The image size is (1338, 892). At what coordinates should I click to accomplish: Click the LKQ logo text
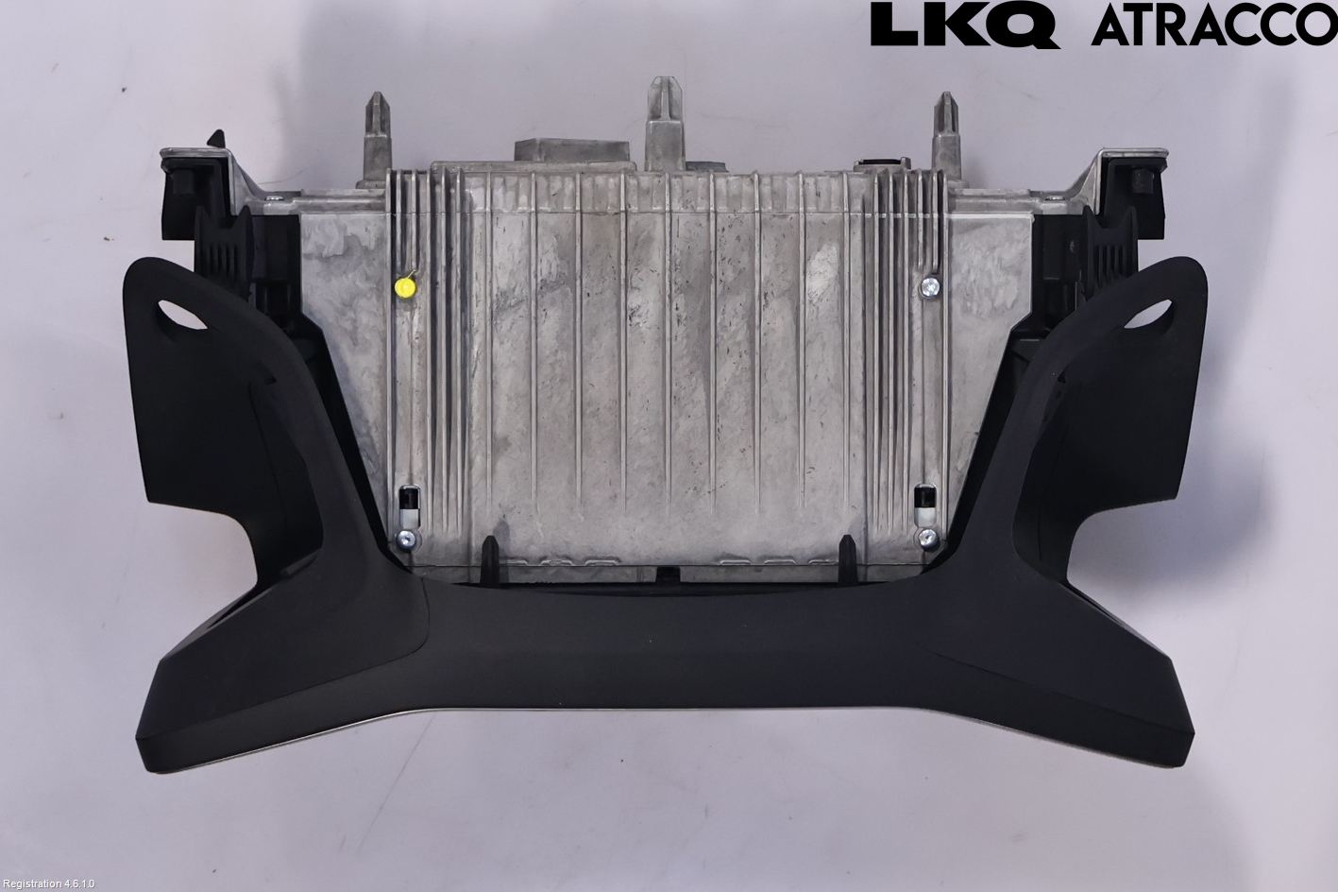(963, 26)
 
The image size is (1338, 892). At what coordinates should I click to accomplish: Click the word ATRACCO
(1213, 26)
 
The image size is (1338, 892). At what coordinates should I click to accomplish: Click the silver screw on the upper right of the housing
(931, 286)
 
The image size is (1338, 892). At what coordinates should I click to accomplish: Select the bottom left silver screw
(406, 540)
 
